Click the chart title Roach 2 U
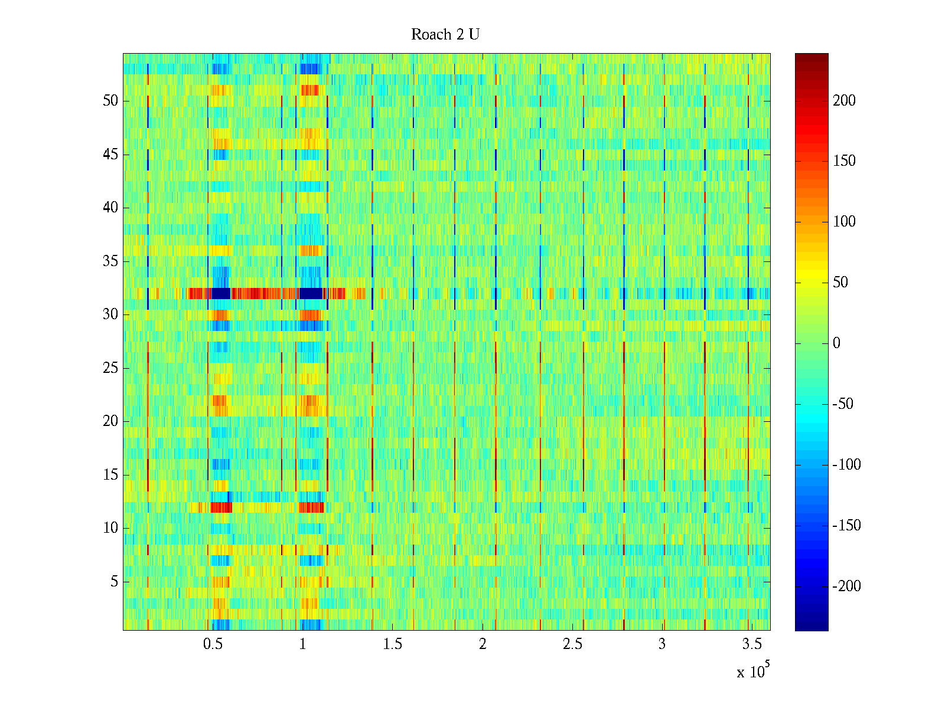click(x=445, y=35)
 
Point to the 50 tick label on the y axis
click(x=110, y=101)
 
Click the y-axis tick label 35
click(x=110, y=261)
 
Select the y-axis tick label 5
click(x=114, y=582)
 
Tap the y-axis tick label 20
click(x=110, y=421)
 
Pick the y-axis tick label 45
click(x=110, y=155)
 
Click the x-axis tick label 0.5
click(x=213, y=644)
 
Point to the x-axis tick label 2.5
click(x=572, y=644)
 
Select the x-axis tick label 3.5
click(x=752, y=644)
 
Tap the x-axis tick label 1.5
click(x=393, y=644)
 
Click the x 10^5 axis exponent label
click(x=752, y=671)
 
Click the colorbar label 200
click(x=844, y=101)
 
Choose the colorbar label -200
click(x=846, y=586)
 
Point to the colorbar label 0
click(x=836, y=343)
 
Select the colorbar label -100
click(x=846, y=465)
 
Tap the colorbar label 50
click(x=840, y=283)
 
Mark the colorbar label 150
click(x=844, y=161)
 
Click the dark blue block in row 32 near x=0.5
click(x=221, y=293)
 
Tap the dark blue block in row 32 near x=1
click(x=311, y=293)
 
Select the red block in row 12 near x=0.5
click(x=221, y=507)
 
